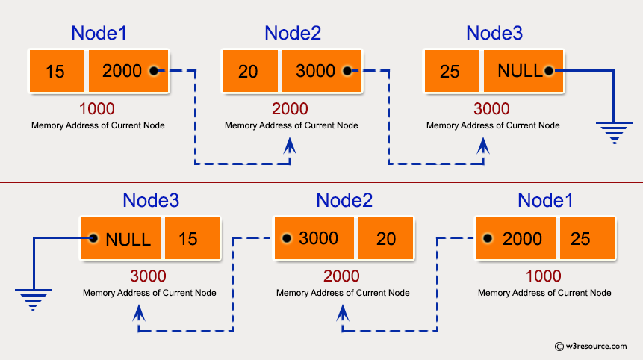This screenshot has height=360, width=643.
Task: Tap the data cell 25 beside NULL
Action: point(451,72)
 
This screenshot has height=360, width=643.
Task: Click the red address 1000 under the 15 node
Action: point(98,109)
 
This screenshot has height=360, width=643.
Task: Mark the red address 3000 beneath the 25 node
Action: point(492,109)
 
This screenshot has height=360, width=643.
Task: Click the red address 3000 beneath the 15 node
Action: point(149,276)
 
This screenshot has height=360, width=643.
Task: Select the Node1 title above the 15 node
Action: point(99,33)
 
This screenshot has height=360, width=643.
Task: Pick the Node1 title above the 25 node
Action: point(545,200)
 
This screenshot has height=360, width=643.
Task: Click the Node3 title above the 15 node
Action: point(151,200)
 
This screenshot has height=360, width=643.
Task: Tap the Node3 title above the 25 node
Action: point(494,33)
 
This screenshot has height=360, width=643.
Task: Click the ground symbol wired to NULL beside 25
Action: point(612,132)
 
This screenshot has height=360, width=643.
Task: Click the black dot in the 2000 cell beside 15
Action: point(153,72)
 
